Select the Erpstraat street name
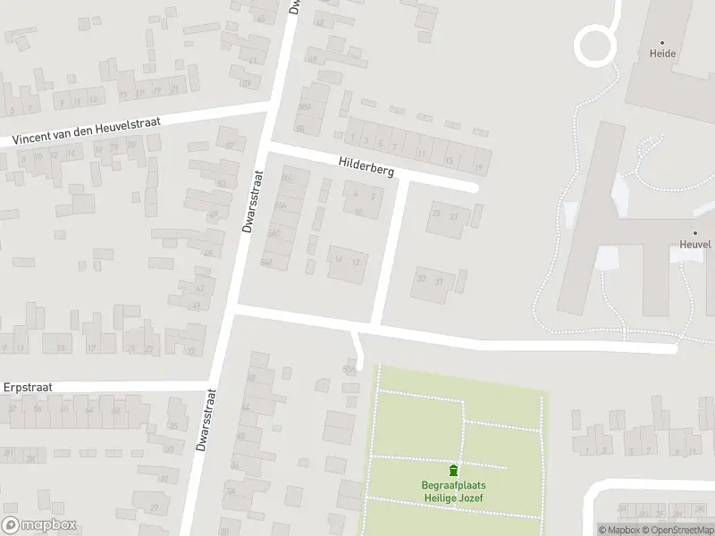click(x=28, y=388)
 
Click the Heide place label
click(x=663, y=54)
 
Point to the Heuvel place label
click(x=695, y=244)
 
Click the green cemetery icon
click(x=454, y=471)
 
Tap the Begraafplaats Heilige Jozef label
click(x=454, y=491)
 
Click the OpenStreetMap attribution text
click(x=683, y=530)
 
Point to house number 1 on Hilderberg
click(x=353, y=138)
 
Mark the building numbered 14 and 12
click(x=347, y=261)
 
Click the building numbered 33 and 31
click(x=430, y=281)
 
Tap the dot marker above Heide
click(x=663, y=42)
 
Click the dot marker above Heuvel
click(x=695, y=232)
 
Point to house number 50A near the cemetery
click(x=349, y=369)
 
